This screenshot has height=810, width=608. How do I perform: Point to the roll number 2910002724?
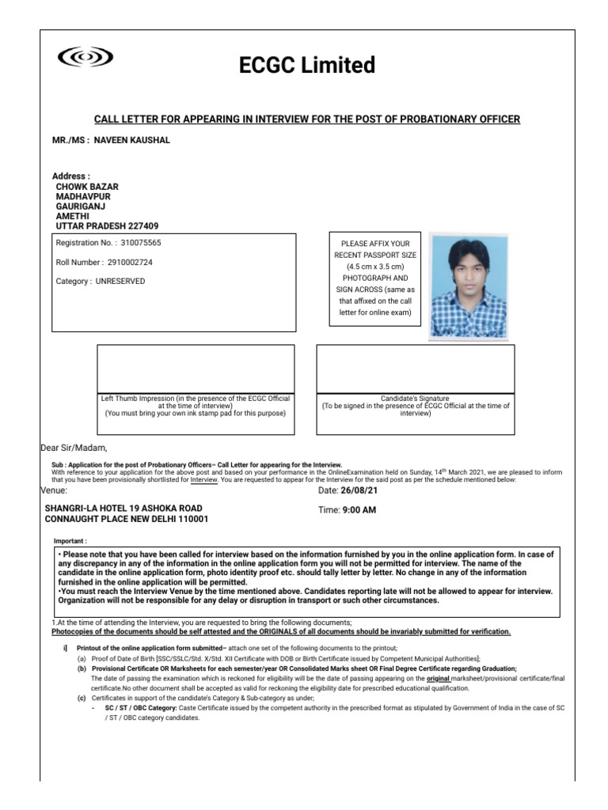(130, 262)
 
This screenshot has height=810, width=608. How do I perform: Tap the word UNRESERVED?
(120, 281)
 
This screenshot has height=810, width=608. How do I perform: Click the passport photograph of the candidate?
(468, 285)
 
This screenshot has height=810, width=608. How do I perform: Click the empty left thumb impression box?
(195, 369)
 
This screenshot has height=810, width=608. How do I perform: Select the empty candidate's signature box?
(415, 369)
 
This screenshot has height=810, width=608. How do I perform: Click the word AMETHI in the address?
(73, 215)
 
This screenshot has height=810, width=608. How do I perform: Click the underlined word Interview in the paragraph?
(204, 479)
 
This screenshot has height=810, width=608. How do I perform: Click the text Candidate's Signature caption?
(415, 399)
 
